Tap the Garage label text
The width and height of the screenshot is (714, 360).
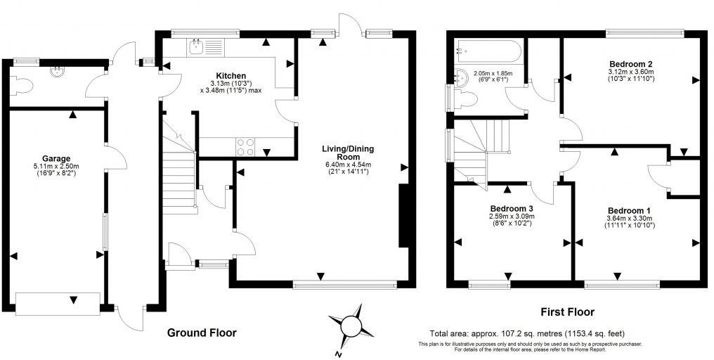pos(56,158)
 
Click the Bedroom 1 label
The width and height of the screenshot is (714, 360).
pos(629,211)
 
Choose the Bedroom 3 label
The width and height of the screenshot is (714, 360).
pos(512,209)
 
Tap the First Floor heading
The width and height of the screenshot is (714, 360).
pos(566,311)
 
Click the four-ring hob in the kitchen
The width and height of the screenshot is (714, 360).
pos(245,147)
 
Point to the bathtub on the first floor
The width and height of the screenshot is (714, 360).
pos(488,50)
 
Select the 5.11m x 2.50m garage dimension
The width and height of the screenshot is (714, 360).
pos(56,166)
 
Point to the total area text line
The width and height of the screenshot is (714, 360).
pos(527,333)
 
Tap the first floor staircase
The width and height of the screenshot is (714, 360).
pos(480,149)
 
